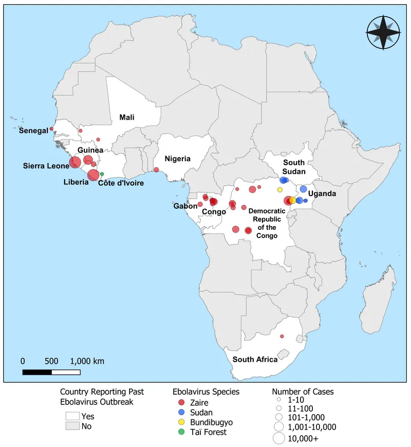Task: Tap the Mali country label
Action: tap(127, 117)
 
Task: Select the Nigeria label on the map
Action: tap(178, 159)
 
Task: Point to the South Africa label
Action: tap(255, 359)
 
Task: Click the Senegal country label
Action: tap(33, 130)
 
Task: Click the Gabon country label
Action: tap(185, 206)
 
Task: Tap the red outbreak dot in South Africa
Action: tap(282, 336)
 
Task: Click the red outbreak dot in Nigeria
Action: tap(156, 169)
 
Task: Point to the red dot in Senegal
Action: tap(51, 129)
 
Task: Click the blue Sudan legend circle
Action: tap(177, 412)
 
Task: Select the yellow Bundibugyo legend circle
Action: tap(177, 422)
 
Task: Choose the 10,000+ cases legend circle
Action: tap(278, 438)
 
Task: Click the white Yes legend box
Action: tap(72, 416)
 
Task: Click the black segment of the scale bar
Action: tap(37, 372)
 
